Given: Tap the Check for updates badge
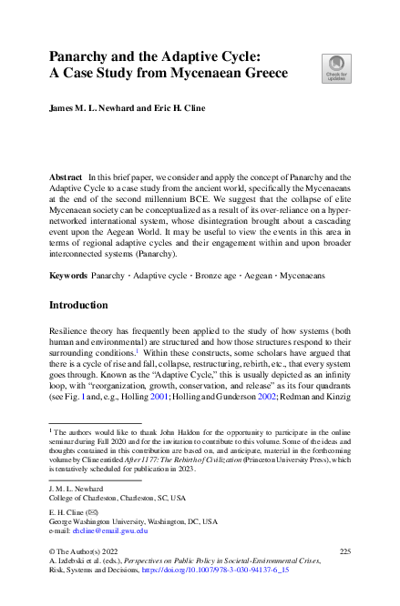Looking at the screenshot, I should click(336, 68).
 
